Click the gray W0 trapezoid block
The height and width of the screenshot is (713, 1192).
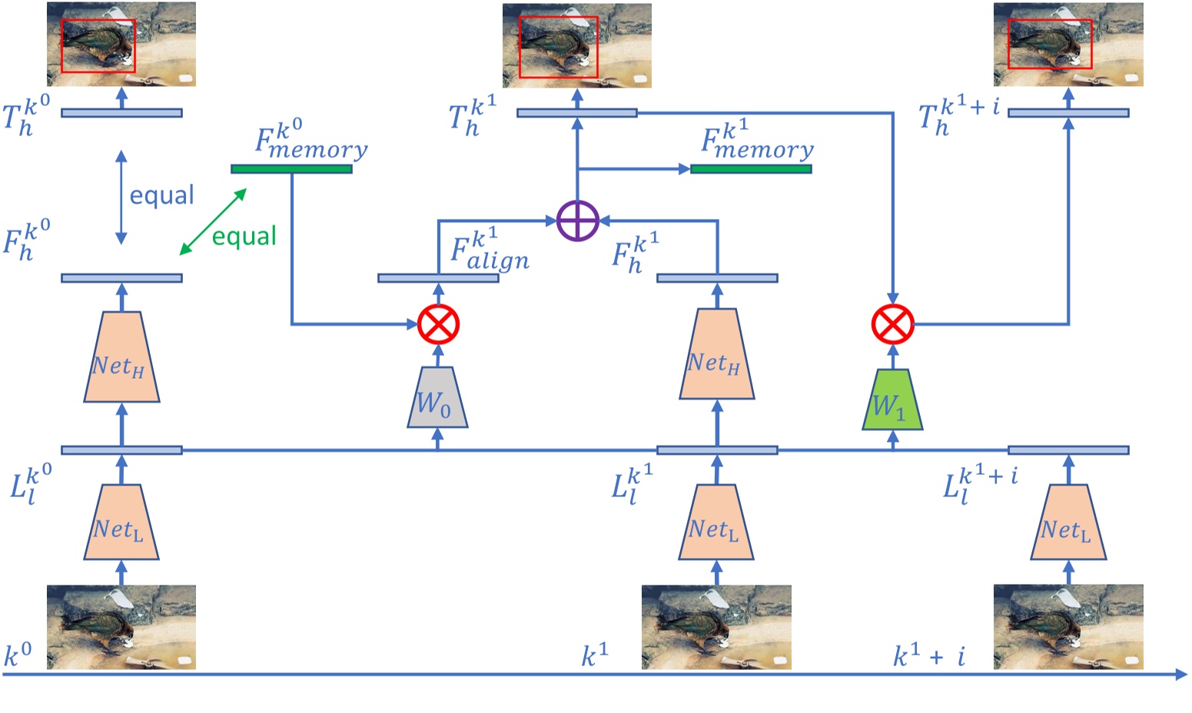437,397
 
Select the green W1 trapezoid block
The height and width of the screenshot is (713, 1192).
892,400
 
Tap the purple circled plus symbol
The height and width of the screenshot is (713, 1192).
577,221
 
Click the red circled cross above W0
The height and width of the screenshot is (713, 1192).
438,324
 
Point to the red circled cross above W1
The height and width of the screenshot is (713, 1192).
892,324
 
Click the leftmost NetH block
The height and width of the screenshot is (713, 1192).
121,357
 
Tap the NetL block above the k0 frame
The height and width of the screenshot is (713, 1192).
121,522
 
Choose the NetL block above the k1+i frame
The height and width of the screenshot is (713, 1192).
1067,522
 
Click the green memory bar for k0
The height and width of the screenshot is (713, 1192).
291,169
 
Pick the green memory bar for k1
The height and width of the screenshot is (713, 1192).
751,169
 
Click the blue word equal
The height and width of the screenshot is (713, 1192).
161,195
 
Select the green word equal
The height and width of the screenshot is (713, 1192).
244,236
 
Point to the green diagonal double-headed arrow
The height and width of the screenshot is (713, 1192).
213,221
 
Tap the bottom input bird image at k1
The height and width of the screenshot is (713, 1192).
716,627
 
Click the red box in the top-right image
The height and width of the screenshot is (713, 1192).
1049,44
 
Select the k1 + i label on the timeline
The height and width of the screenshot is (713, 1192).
929,656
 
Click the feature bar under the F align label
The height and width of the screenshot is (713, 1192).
438,277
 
